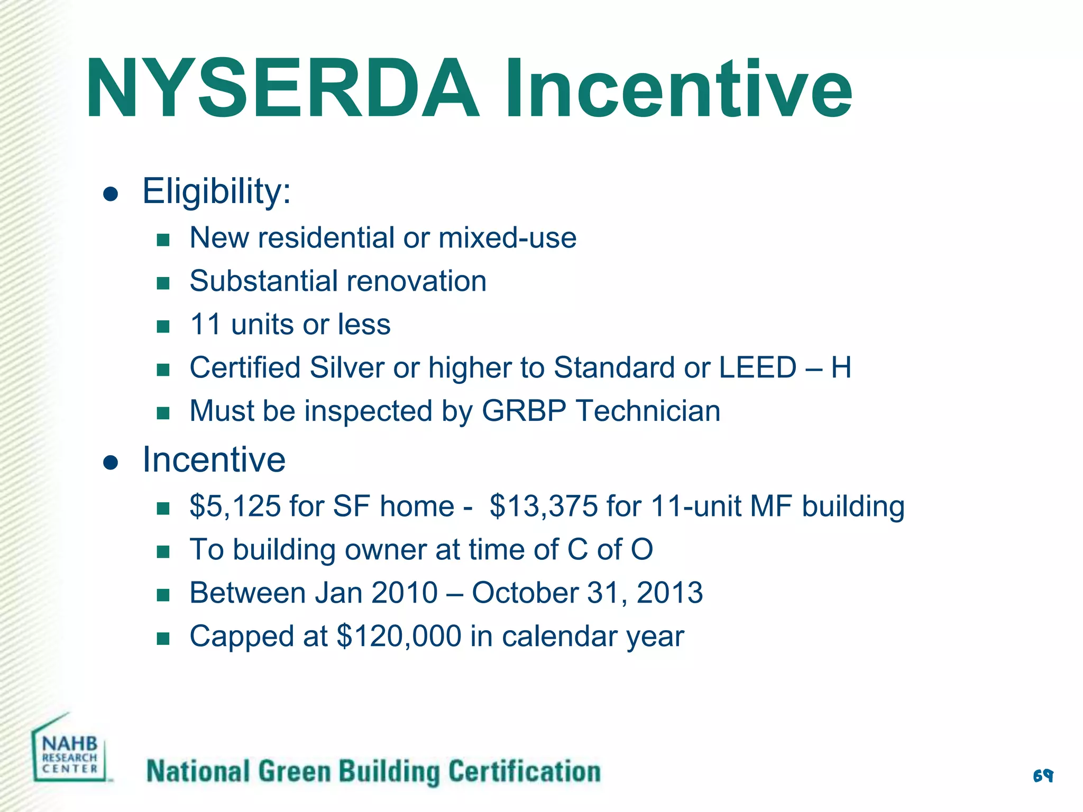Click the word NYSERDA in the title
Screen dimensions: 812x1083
click(x=283, y=89)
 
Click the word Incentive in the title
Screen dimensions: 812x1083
click(x=678, y=89)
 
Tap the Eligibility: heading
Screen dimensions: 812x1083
click(x=217, y=191)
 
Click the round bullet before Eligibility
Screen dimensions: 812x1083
click(x=111, y=194)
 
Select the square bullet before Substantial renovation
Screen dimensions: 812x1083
click(x=163, y=283)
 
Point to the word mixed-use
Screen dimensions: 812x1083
click(x=507, y=238)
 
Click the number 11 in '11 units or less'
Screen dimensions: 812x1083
click(x=205, y=324)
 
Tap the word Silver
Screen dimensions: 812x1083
click(x=346, y=367)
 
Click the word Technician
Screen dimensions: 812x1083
click(x=648, y=411)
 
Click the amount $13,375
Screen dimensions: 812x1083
click(x=543, y=506)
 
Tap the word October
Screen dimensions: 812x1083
click(x=525, y=593)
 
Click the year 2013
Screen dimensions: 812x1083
click(x=669, y=593)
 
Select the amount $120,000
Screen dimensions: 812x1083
click(x=399, y=636)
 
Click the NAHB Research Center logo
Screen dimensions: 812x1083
click(x=70, y=751)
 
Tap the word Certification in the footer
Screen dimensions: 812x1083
click(x=525, y=771)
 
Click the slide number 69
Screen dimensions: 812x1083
click(x=1043, y=776)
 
